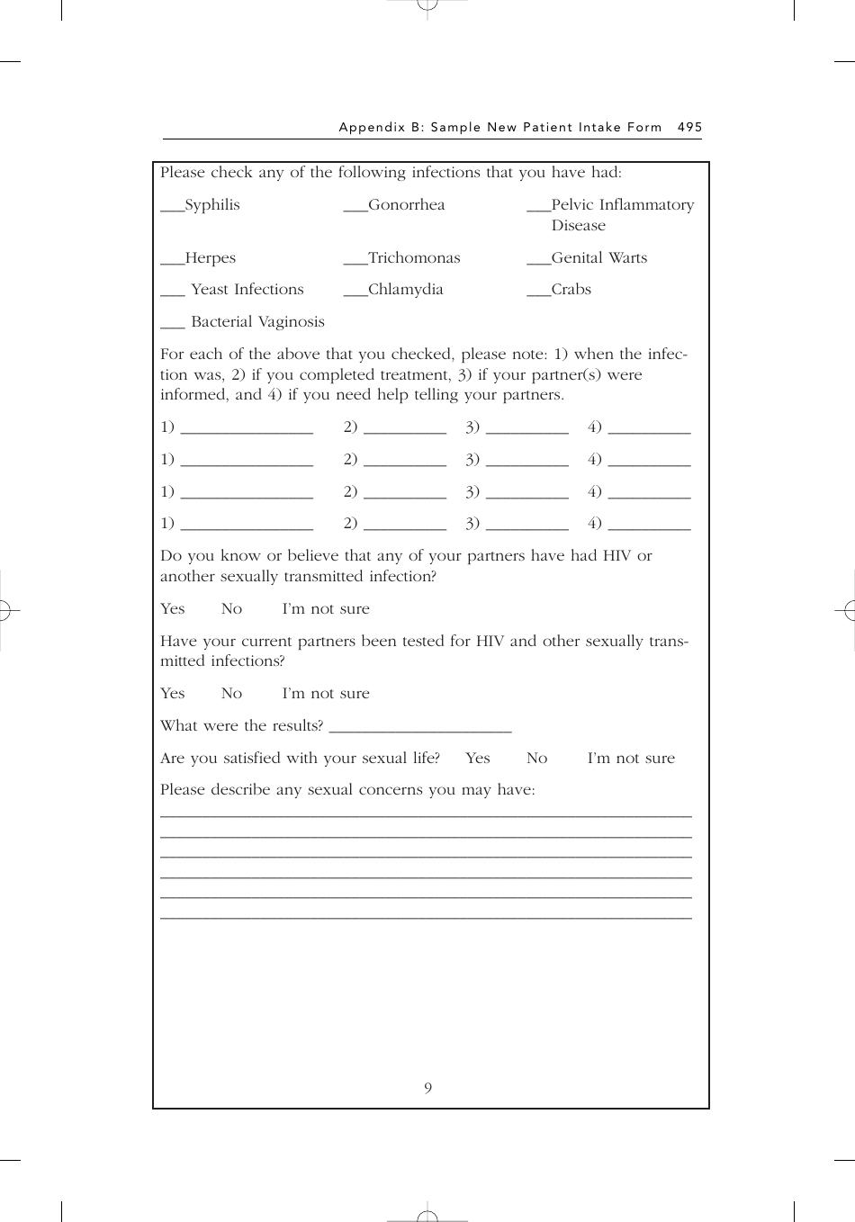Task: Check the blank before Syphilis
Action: point(172,209)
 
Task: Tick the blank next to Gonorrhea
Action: point(355,209)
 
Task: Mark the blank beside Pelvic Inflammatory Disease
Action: point(538,209)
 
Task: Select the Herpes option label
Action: point(210,258)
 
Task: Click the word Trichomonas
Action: point(414,258)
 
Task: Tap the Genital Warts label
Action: point(598,258)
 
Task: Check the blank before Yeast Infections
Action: point(172,294)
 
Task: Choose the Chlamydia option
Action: point(405,290)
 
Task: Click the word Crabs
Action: point(571,290)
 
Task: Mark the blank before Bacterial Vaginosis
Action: point(172,327)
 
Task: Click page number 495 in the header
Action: point(689,128)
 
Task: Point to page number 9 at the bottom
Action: point(427,1089)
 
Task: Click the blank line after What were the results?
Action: point(420,728)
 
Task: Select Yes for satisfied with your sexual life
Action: point(478,759)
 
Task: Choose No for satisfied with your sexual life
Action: point(536,759)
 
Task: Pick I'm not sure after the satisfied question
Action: point(631,759)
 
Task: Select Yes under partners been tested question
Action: point(172,694)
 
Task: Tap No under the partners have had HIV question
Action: point(231,609)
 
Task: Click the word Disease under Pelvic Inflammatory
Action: point(578,226)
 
